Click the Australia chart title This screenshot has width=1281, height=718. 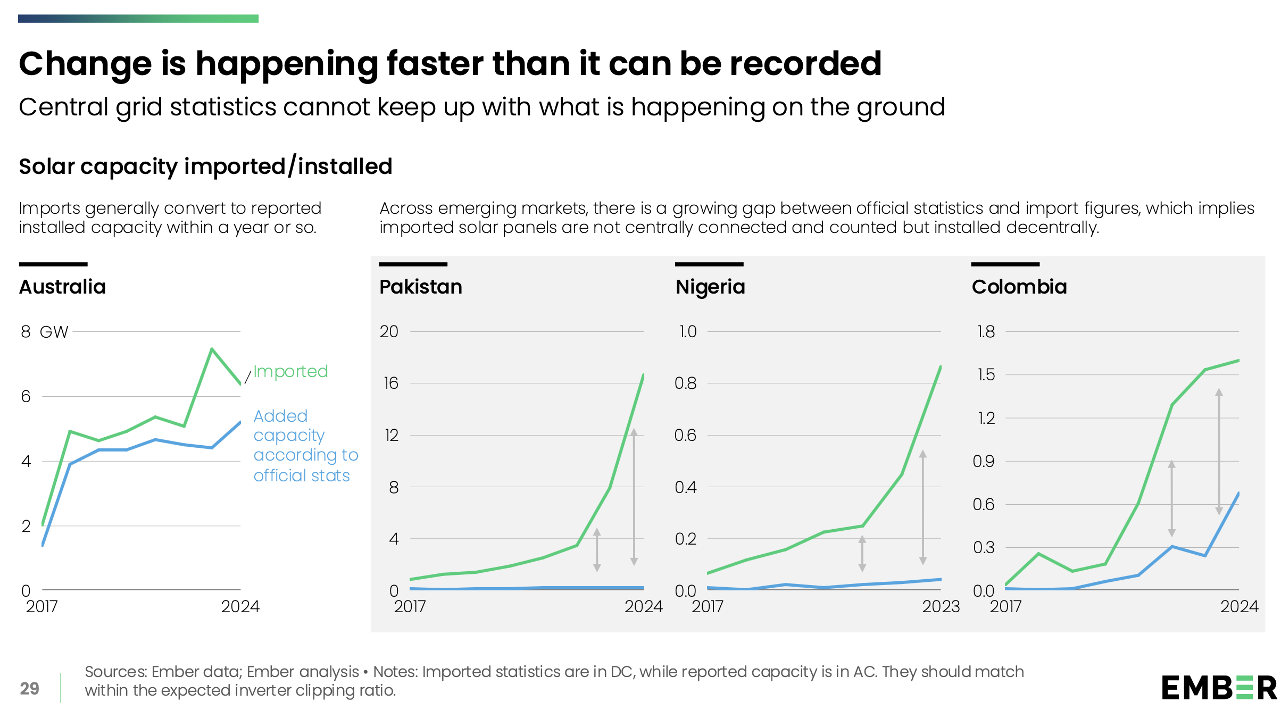coord(62,287)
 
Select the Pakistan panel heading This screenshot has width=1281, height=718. coord(420,287)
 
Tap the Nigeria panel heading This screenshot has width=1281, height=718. coord(710,287)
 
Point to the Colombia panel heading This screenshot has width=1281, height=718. coord(1019,287)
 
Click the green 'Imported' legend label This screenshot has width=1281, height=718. coord(290,371)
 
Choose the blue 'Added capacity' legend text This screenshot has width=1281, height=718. coord(305,445)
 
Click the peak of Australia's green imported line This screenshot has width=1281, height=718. coord(212,349)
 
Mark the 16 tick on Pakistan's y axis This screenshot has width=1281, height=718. coord(391,383)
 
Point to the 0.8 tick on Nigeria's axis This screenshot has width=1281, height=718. coord(685,383)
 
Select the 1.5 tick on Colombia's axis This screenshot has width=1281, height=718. coord(986,374)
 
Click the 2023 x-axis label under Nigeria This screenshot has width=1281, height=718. coord(941,606)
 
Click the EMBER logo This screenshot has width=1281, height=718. coord(1219,688)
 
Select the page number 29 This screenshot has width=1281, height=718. coord(30,689)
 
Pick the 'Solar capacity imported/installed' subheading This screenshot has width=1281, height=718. coord(205,166)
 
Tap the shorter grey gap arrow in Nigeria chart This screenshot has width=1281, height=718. coord(862,554)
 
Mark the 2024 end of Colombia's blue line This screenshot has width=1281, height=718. coord(1238,494)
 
